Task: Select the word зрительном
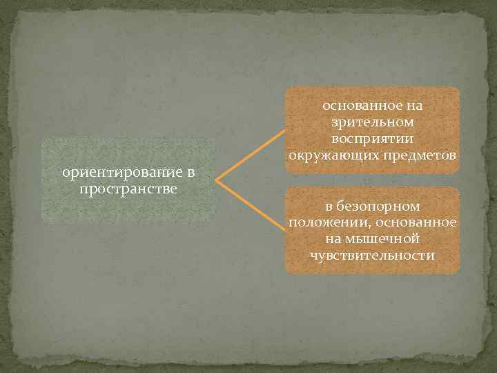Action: [373, 122]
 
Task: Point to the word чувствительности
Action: [373, 256]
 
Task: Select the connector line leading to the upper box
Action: [251, 154]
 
